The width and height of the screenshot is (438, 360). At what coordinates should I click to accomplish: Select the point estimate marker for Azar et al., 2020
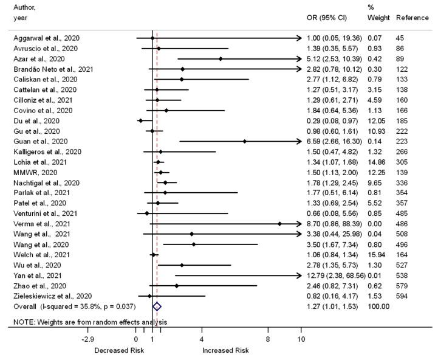point(221,59)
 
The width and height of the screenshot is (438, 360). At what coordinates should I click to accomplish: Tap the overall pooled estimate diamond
point(157,307)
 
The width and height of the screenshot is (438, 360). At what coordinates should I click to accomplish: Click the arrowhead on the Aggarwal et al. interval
point(298,38)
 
